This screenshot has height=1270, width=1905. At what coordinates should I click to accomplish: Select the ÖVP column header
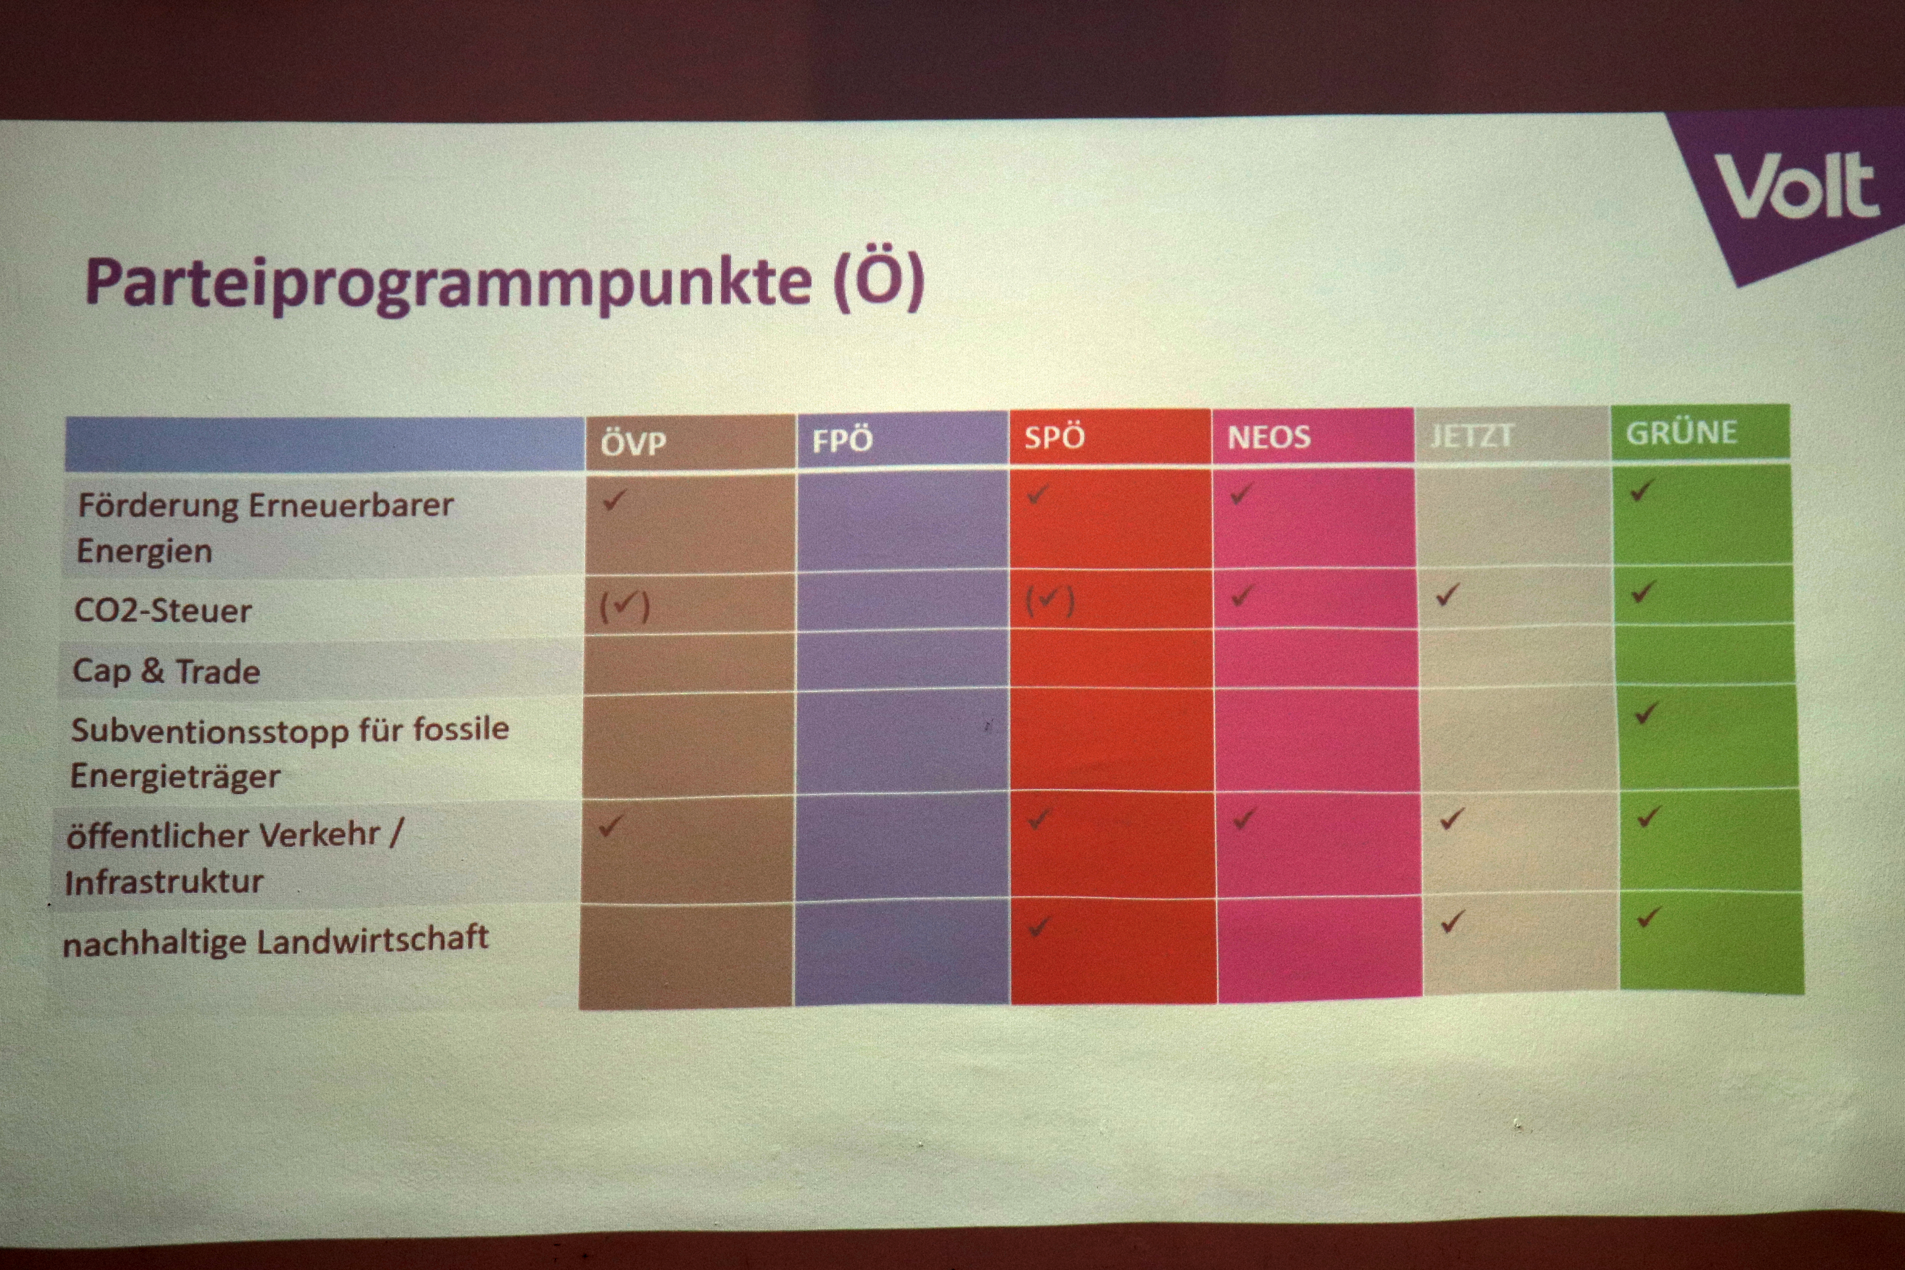(634, 443)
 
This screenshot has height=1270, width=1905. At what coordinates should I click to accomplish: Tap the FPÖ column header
(842, 440)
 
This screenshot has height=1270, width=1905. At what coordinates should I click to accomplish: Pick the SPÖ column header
(1054, 438)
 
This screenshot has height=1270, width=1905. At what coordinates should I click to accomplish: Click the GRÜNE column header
(1682, 432)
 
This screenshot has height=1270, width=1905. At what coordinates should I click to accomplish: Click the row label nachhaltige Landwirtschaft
(275, 940)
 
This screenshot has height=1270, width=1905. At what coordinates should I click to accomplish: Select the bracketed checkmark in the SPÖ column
(1050, 601)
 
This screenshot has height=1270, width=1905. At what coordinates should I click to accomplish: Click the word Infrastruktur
(164, 882)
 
